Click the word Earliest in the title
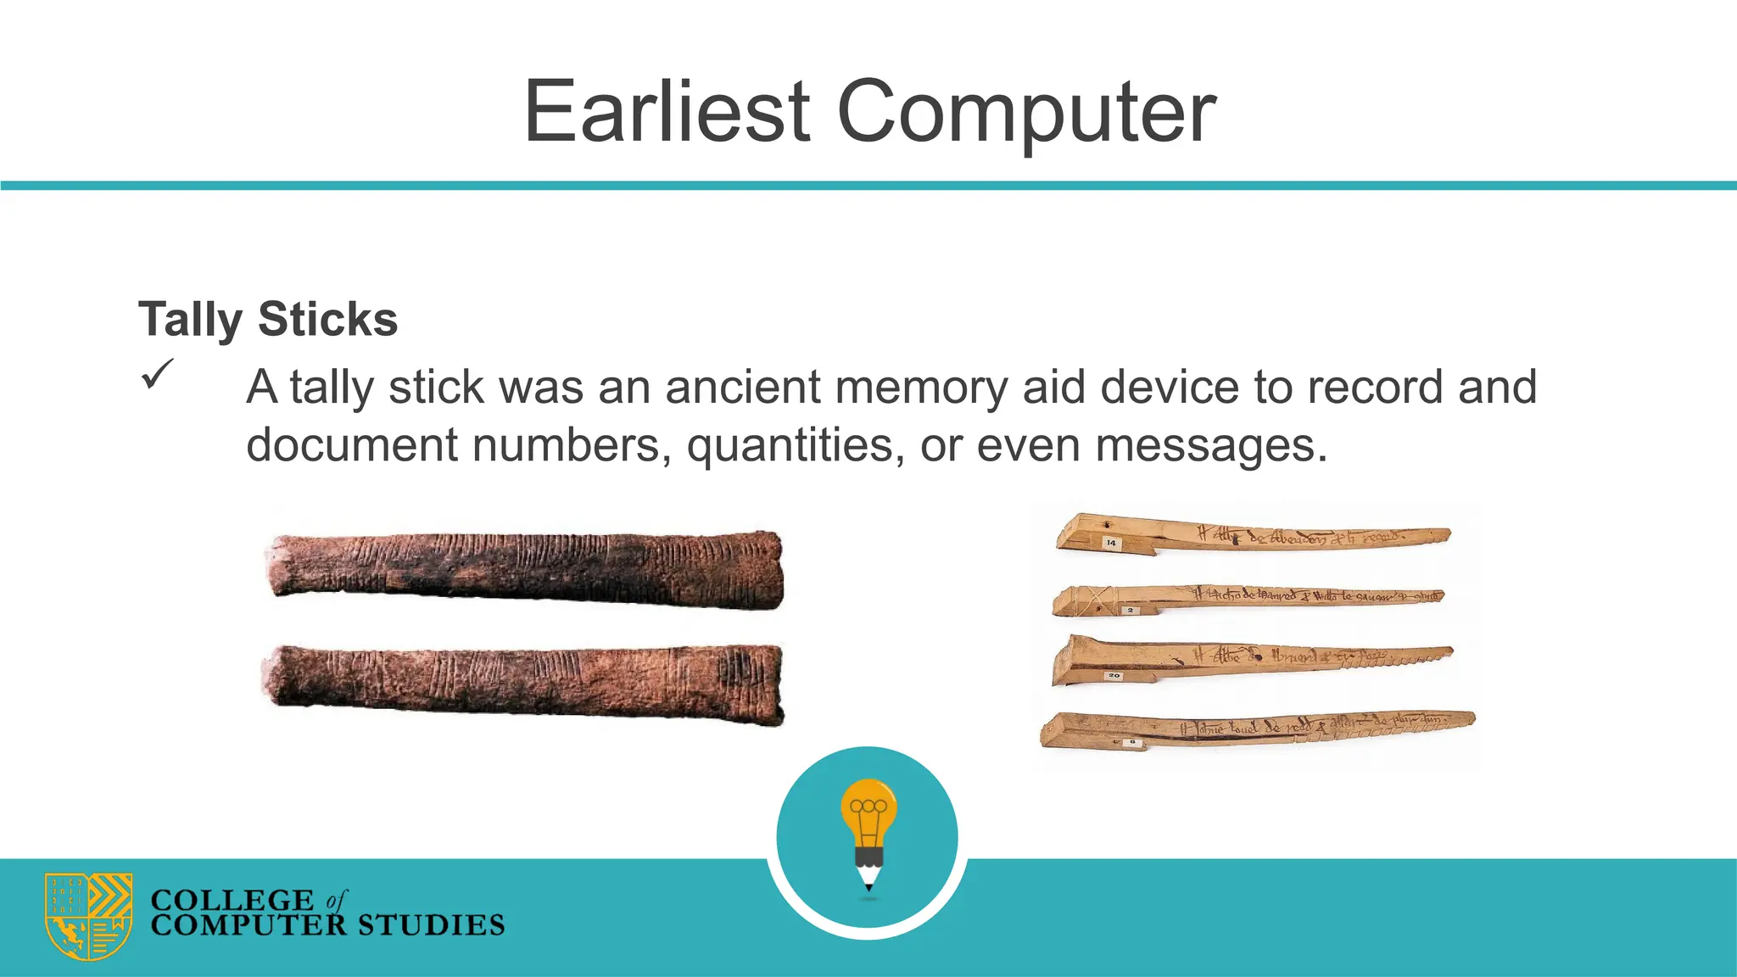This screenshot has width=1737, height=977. tap(667, 112)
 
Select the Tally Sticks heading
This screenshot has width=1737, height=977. tap(268, 319)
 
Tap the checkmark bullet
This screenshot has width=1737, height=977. tap(157, 374)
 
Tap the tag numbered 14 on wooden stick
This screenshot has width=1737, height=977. tap(1111, 543)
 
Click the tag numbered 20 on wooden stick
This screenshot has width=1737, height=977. tap(1114, 676)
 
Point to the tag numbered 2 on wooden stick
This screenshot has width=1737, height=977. tap(1130, 611)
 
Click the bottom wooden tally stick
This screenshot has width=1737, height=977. tap(1255, 729)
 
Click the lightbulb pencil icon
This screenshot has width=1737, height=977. tap(868, 831)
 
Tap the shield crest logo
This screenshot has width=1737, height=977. tap(88, 916)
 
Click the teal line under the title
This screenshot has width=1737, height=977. tap(868, 185)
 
